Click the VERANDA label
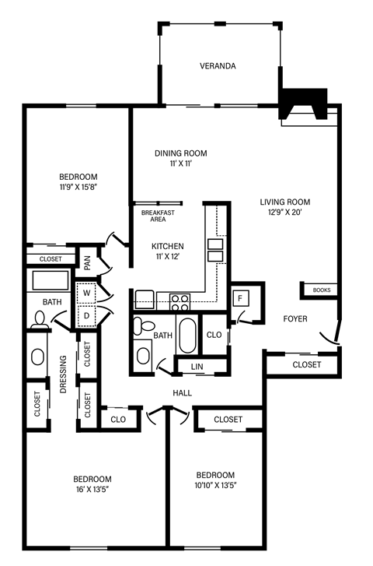[217, 66]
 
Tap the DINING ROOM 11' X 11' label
[180, 159]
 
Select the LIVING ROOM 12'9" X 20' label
[285, 207]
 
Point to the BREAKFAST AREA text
[158, 216]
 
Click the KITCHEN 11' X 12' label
[168, 251]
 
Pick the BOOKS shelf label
[321, 290]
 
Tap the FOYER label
[295, 318]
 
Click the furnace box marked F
[241, 298]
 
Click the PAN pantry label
[88, 263]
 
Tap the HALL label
[182, 392]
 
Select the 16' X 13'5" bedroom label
[92, 484]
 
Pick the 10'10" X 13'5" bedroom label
[215, 480]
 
